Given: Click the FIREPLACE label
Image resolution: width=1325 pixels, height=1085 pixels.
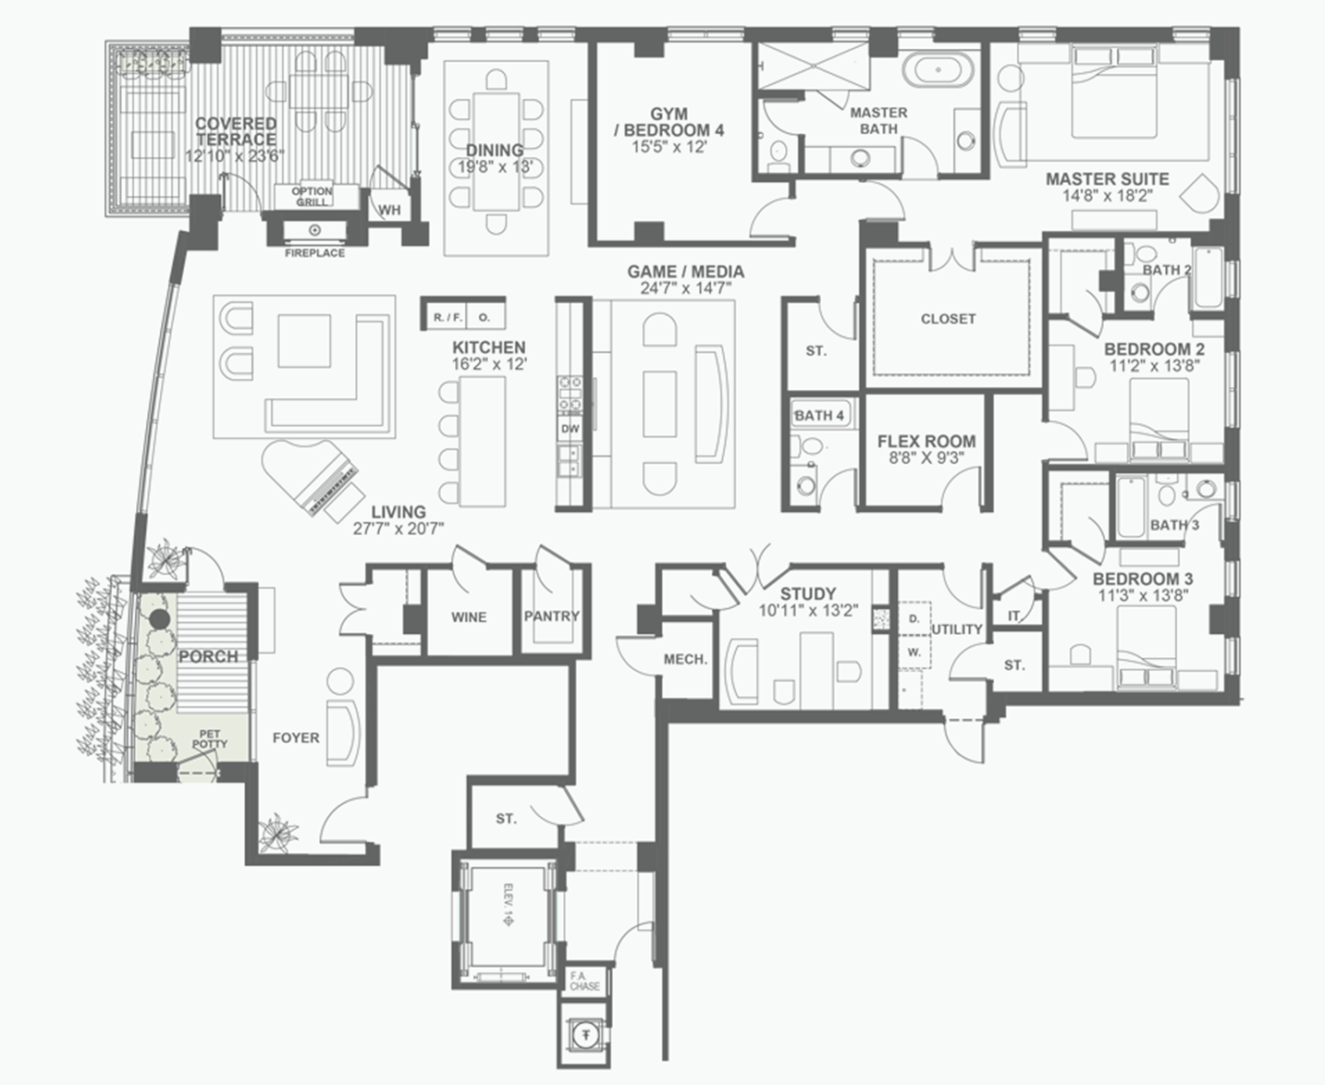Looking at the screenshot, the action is (x=314, y=253).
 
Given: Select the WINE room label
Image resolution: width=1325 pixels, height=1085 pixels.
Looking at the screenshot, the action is (x=469, y=617).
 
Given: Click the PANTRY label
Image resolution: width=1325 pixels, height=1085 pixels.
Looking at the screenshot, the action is (x=552, y=616).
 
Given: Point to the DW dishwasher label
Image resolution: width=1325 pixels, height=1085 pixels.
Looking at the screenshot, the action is (x=570, y=429).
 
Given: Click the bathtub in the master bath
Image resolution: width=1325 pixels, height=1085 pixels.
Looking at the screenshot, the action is (x=939, y=70).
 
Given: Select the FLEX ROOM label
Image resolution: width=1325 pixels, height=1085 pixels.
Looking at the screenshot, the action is (x=926, y=442).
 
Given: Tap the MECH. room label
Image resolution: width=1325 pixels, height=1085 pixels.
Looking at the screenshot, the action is (x=685, y=659).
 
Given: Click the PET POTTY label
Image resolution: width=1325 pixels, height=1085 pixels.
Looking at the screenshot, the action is (x=210, y=739).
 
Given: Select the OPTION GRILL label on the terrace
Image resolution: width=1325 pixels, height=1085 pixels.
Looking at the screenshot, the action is (x=313, y=197).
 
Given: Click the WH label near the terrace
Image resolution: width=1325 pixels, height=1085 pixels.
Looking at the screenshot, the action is (x=389, y=211).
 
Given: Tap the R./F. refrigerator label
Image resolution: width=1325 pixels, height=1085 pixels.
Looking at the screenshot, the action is (x=448, y=318).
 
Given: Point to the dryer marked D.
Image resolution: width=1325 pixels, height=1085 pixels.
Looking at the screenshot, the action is (x=914, y=618).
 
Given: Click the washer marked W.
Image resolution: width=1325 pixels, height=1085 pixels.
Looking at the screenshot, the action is (x=914, y=652).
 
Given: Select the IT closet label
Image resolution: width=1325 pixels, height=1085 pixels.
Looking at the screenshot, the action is (x=1013, y=616).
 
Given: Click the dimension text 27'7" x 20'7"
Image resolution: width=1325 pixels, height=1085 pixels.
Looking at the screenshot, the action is (x=399, y=529).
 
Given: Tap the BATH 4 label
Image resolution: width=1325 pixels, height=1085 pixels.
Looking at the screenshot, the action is (x=819, y=416).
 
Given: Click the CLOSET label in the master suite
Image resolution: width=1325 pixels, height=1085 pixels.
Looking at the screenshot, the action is (x=948, y=319).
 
